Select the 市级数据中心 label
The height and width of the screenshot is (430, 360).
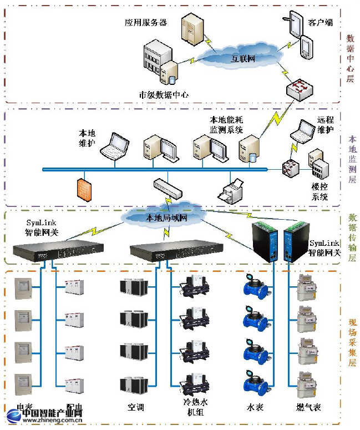pos(164,94)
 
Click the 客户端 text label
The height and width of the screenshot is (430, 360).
pos(320,23)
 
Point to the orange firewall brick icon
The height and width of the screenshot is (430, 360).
pos(84,188)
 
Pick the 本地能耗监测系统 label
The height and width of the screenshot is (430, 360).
pos(226,125)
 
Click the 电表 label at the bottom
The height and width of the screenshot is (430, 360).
pos(24,407)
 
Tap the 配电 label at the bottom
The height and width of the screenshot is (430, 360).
pos(74,407)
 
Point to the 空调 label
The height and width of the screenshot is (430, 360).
pos(135,407)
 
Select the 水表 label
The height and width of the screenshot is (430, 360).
pos(255,407)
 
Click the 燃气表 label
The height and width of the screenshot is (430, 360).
pos(308,407)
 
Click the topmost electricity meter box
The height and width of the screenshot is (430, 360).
pos(22,287)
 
